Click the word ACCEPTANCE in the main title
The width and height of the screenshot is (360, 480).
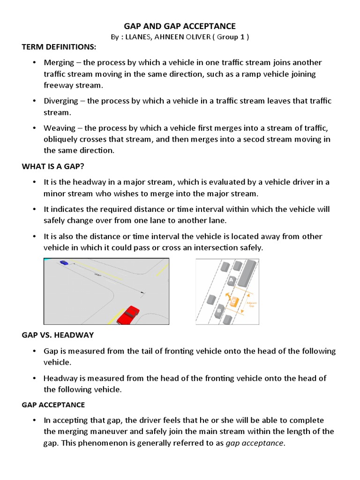(210, 26)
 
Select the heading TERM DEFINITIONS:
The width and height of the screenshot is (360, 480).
(59, 47)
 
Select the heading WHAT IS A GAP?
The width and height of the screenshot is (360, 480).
(53, 166)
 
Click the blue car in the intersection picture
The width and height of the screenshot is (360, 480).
(63, 263)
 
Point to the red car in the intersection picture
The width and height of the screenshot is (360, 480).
(127, 314)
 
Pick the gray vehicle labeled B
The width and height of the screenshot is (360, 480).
(219, 311)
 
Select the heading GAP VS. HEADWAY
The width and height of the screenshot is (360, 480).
(58, 335)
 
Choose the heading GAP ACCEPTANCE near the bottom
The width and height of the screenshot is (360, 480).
(53, 405)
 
